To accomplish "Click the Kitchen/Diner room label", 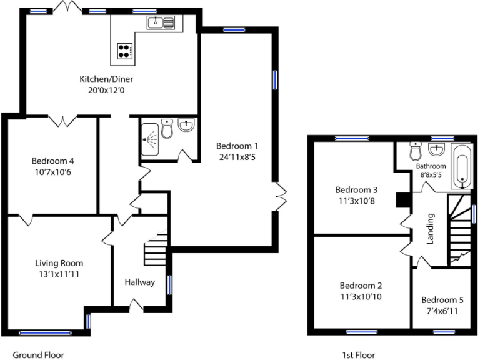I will (x=106, y=79).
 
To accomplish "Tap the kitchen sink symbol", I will (x=162, y=23).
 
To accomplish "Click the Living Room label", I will (x=59, y=263).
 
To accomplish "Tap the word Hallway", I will (x=139, y=282).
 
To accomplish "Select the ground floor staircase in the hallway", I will (x=156, y=250).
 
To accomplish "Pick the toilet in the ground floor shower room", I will (x=167, y=129).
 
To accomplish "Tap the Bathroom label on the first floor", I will (x=431, y=166).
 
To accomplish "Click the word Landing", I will (x=430, y=231).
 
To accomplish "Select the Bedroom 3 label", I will (x=356, y=190).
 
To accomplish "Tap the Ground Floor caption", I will (x=38, y=355).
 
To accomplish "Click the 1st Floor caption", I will (x=359, y=355).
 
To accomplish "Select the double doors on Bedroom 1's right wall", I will (x=281, y=196).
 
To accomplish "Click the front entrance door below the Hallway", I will (x=136, y=304).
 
